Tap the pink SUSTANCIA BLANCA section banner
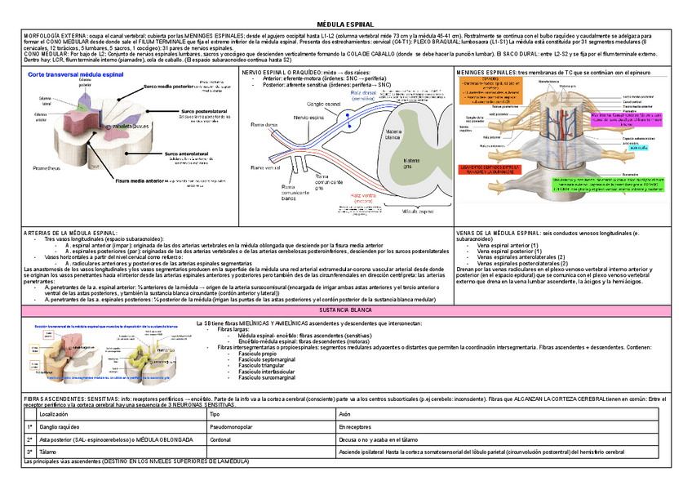346,311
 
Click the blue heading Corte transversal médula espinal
76,74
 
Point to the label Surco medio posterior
169,86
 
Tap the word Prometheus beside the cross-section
47,167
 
